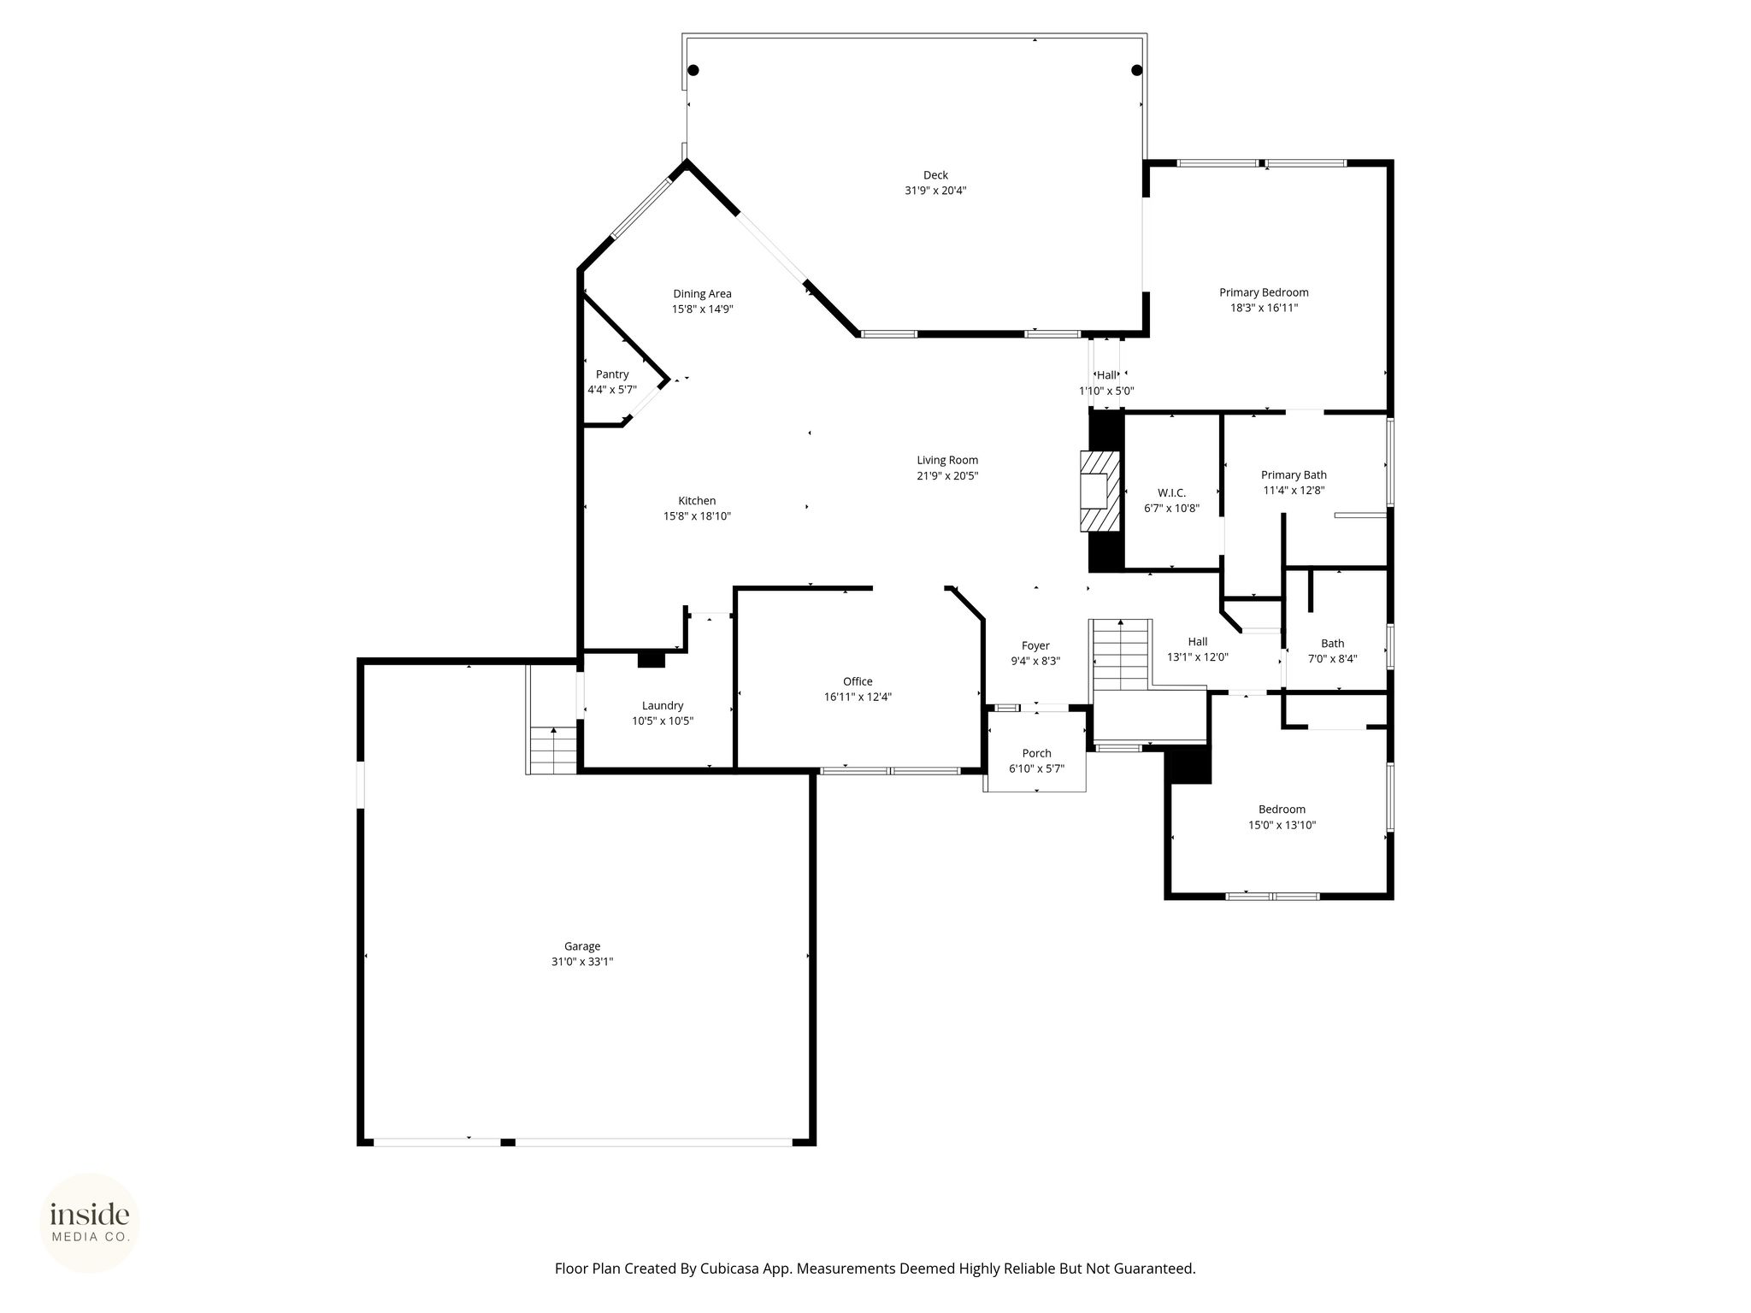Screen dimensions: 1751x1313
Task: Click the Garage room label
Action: coord(582,946)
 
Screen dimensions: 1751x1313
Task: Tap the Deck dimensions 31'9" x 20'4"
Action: coord(935,191)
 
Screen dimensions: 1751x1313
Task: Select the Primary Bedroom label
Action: coord(1264,292)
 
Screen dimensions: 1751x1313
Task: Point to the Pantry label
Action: coord(612,374)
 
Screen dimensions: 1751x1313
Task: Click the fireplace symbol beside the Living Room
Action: coord(1100,492)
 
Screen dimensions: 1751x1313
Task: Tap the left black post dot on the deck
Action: coord(693,70)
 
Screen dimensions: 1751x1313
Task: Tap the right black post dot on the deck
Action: coord(1136,70)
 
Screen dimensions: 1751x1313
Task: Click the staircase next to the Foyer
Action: coord(1121,655)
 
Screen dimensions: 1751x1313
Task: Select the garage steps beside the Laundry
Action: coord(553,750)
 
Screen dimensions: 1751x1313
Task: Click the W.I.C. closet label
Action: coord(1171,492)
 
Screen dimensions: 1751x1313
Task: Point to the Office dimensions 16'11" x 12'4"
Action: coord(858,697)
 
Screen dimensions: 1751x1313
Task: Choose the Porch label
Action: coord(1036,753)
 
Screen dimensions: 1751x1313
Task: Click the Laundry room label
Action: coord(663,705)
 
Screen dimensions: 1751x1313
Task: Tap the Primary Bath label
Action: coord(1294,475)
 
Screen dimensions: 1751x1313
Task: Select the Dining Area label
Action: coord(702,294)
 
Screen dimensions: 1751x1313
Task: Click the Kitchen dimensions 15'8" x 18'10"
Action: coord(697,516)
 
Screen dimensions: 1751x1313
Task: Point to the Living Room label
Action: coord(947,460)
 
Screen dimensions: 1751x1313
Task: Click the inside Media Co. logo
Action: coord(90,1223)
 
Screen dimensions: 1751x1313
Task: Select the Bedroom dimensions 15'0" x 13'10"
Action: coord(1282,825)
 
